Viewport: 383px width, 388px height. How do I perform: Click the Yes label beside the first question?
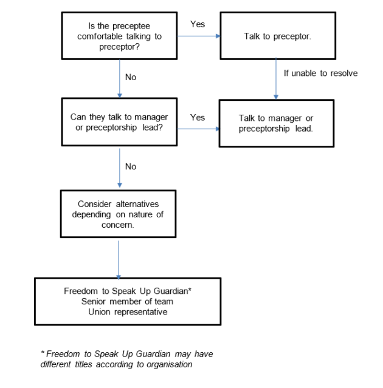pos(198,24)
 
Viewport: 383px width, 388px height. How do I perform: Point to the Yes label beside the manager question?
pos(198,118)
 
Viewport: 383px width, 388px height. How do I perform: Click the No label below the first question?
pos(131,77)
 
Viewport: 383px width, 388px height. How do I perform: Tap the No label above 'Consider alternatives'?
pos(131,166)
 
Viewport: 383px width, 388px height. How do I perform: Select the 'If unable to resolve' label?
pos(320,73)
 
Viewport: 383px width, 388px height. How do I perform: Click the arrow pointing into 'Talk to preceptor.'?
pos(199,36)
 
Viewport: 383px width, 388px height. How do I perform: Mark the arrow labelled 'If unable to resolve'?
pos(276,79)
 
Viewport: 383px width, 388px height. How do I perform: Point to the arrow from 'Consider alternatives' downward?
pos(119,259)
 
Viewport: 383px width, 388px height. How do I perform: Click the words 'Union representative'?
pos(128,312)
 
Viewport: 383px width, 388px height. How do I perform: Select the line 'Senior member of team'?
pos(127,302)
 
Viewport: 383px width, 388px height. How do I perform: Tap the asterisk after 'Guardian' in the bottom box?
pos(190,289)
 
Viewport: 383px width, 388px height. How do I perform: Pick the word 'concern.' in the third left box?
pos(118,225)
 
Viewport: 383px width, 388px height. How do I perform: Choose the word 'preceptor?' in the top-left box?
pos(119,47)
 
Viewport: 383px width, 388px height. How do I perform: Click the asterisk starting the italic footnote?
pos(43,352)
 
